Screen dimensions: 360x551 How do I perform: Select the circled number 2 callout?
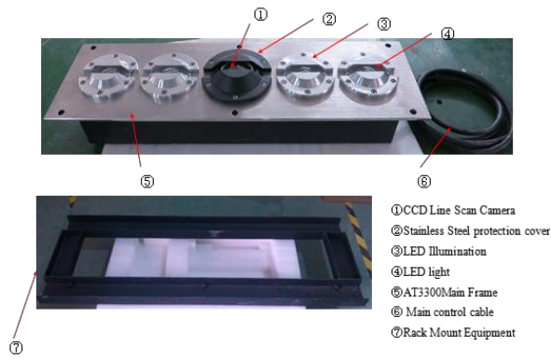(x=328, y=19)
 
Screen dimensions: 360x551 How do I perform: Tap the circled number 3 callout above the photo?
(x=384, y=25)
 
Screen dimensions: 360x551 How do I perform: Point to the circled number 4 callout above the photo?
(x=448, y=35)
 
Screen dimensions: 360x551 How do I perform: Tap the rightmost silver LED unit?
(x=371, y=81)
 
